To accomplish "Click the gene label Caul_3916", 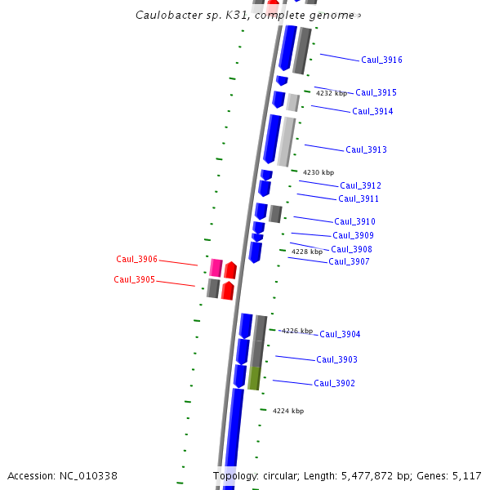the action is [x=381, y=60].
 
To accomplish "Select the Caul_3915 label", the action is [x=376, y=93].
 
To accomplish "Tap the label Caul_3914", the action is [x=372, y=112].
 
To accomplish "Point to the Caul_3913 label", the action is [x=366, y=150].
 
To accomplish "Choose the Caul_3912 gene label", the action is [x=360, y=186].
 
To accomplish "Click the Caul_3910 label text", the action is [x=354, y=222].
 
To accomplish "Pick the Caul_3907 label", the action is [x=349, y=262].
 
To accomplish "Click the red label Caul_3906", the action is [x=136, y=260].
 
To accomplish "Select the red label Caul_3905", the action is [x=134, y=280].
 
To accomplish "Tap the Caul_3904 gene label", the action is [x=340, y=335].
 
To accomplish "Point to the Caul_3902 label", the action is [x=334, y=384].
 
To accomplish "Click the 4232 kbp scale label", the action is [x=332, y=94].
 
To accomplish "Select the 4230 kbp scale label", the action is [x=318, y=173].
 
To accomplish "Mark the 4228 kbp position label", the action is [x=307, y=252].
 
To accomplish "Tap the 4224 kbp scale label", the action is [x=288, y=412].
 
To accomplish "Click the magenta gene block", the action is [x=216, y=268].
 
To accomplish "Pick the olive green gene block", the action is [x=254, y=378].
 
